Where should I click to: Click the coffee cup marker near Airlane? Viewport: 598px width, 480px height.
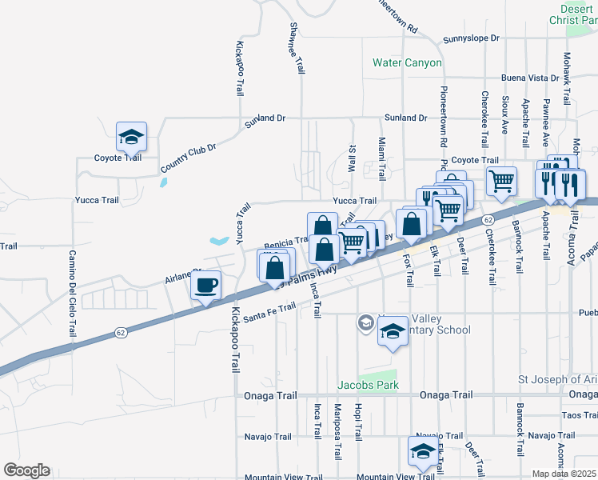pos(206,285)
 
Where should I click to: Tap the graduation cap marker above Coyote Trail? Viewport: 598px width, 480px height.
pos(131,137)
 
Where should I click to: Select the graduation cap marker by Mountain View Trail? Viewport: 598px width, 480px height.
pos(423,452)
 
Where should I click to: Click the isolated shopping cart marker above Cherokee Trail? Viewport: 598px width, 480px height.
pos(501,180)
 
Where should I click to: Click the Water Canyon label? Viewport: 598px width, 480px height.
pos(407,62)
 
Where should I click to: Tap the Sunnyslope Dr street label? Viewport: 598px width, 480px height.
pos(471,38)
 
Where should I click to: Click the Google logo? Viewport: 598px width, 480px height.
pos(26,470)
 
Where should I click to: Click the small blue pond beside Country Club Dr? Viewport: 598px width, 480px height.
pos(163,182)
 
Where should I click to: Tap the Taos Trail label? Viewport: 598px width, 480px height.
pos(579,415)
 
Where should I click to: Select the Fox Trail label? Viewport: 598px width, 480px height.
pos(409,268)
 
